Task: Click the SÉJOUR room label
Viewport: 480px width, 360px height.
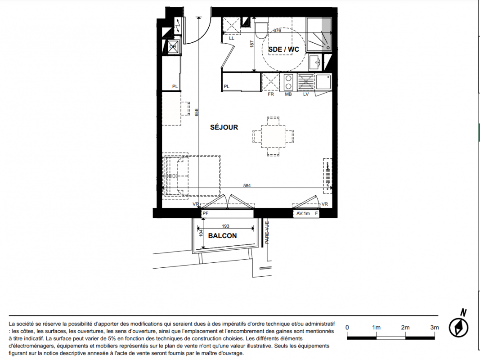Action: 224,127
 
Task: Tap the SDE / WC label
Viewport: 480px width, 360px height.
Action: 283,49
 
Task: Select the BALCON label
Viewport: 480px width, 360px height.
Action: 223,236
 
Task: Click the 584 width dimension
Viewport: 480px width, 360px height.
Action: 247,185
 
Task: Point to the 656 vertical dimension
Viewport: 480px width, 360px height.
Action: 197,112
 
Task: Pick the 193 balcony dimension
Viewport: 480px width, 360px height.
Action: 225,226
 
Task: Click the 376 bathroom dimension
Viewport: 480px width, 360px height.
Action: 277,30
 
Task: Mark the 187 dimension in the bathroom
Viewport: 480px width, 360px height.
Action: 252,44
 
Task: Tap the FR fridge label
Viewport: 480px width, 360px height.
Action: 271,94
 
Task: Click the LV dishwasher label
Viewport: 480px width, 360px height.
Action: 306,94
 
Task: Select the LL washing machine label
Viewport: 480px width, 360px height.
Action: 231,38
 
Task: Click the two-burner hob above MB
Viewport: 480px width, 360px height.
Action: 288,82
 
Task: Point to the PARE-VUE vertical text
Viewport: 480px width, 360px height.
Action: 267,233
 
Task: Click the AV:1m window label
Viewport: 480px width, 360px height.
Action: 303,213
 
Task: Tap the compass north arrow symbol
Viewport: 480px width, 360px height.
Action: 458,327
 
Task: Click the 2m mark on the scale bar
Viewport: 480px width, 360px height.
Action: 405,328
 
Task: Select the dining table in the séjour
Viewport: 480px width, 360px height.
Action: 273,136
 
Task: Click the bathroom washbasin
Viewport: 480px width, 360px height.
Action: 314,63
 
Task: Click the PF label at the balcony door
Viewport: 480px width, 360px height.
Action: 206,213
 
